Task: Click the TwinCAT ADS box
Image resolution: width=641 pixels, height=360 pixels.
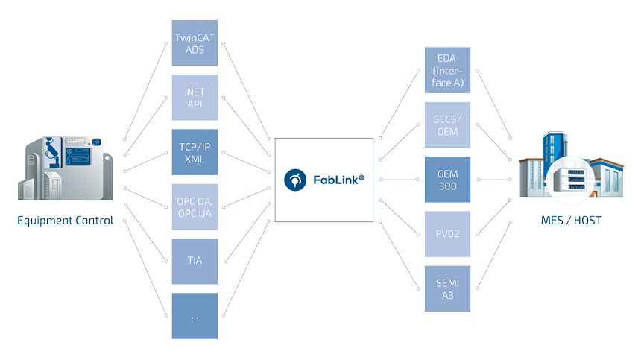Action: tap(195, 42)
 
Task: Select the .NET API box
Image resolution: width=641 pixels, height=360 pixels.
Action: tap(195, 97)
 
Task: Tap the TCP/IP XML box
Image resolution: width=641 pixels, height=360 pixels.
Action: tap(195, 151)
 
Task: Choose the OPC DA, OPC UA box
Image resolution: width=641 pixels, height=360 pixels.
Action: tap(195, 206)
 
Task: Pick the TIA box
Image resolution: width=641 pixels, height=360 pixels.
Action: tap(195, 261)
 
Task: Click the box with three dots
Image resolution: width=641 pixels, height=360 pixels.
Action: tap(195, 315)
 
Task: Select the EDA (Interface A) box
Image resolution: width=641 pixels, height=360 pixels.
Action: tap(447, 70)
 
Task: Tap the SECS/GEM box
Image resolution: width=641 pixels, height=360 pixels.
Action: tap(447, 124)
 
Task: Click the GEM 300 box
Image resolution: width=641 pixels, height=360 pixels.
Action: tap(447, 179)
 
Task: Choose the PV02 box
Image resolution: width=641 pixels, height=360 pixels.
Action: tap(447, 234)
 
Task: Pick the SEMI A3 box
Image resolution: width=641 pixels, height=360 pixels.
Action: tap(447, 288)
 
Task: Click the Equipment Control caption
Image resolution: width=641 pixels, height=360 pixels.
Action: tap(66, 221)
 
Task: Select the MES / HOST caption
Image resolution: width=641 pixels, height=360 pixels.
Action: tap(571, 221)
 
